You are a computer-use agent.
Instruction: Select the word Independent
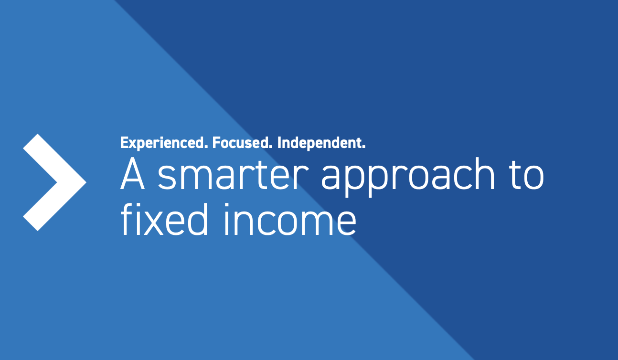pos(321,143)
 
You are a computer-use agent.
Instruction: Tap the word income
pos(291,220)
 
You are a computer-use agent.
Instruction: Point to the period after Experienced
pos(206,147)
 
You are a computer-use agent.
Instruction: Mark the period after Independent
pos(363,147)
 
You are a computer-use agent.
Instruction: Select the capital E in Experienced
pos(124,143)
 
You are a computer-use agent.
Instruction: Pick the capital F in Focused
pos(215,143)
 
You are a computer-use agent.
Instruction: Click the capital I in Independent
pos(279,143)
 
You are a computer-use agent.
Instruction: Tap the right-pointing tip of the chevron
pos(85,182)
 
